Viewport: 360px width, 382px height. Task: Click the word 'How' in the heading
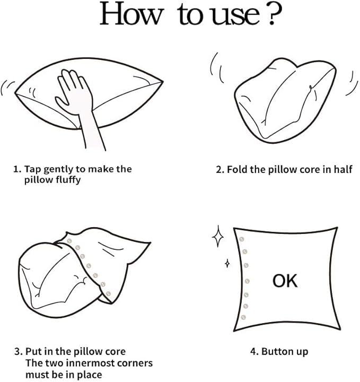(x=131, y=14)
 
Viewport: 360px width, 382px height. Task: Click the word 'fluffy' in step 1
(x=68, y=180)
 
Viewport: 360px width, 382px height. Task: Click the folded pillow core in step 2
(x=285, y=100)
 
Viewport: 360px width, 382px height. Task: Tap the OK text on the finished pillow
(x=285, y=281)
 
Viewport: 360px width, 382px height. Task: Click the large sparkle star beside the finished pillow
(x=218, y=236)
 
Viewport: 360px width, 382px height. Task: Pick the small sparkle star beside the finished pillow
(x=227, y=263)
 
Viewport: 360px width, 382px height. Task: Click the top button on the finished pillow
(x=241, y=239)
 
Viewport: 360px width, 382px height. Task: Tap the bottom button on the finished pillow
(x=243, y=317)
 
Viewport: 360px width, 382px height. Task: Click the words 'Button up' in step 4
(x=285, y=352)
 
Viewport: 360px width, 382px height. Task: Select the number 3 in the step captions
(x=17, y=352)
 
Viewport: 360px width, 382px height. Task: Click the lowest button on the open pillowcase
(x=108, y=293)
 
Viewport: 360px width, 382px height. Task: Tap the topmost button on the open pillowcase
(x=69, y=241)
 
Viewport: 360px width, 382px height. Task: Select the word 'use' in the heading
(x=235, y=16)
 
